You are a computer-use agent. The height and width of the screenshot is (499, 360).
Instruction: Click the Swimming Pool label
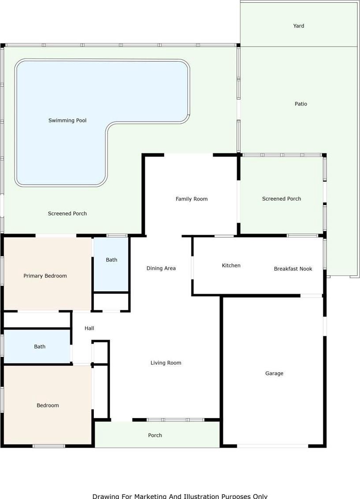click(x=67, y=120)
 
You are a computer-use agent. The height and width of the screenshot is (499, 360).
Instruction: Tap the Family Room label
click(x=191, y=199)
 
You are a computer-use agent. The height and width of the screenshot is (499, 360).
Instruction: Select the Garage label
click(x=274, y=373)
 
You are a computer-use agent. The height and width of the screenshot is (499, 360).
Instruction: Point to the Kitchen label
click(x=231, y=265)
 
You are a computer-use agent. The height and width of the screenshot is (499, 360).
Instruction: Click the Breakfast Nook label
click(x=293, y=268)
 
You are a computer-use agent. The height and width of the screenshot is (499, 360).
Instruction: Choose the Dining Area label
click(x=161, y=268)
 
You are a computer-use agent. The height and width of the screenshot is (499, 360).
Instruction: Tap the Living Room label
click(x=166, y=363)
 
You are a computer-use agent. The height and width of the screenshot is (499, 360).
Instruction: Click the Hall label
click(x=89, y=328)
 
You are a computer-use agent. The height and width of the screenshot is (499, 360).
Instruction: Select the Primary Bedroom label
click(x=45, y=276)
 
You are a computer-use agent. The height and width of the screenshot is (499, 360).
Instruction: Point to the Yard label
click(x=298, y=26)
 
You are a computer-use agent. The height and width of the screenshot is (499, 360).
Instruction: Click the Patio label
click(x=301, y=104)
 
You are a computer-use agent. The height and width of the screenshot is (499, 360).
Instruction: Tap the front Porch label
click(x=155, y=435)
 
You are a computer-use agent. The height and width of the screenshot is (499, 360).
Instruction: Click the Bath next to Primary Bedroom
click(x=111, y=260)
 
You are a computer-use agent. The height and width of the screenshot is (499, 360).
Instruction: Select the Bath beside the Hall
click(x=40, y=347)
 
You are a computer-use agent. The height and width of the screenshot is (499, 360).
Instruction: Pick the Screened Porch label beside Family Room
click(x=281, y=198)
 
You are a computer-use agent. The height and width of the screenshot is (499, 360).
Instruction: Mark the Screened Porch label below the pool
click(x=67, y=213)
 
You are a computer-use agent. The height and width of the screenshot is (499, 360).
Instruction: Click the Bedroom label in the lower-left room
click(x=48, y=405)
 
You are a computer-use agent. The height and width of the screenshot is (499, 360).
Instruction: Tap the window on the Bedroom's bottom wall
click(x=49, y=446)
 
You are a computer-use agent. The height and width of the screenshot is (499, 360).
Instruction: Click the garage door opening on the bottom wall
click(x=272, y=446)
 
